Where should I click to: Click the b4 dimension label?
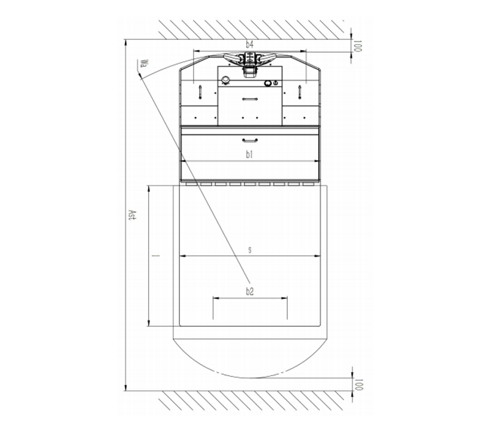249,45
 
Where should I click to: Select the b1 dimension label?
249,154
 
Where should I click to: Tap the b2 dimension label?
249,292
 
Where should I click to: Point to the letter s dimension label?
250,250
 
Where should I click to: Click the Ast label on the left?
133,215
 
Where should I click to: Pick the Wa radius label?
144,64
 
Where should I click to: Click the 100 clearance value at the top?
358,46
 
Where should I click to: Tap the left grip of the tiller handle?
232,58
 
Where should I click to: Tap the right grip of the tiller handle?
267,58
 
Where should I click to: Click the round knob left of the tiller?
225,80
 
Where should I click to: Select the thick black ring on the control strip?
268,83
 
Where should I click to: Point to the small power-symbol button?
275,83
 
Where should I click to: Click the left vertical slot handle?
200,92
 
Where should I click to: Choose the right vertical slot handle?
300,92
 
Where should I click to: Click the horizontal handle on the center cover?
250,99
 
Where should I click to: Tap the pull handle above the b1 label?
250,140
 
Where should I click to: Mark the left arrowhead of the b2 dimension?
216,298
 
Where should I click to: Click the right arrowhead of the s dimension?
317,256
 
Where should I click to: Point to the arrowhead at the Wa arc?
140,75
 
